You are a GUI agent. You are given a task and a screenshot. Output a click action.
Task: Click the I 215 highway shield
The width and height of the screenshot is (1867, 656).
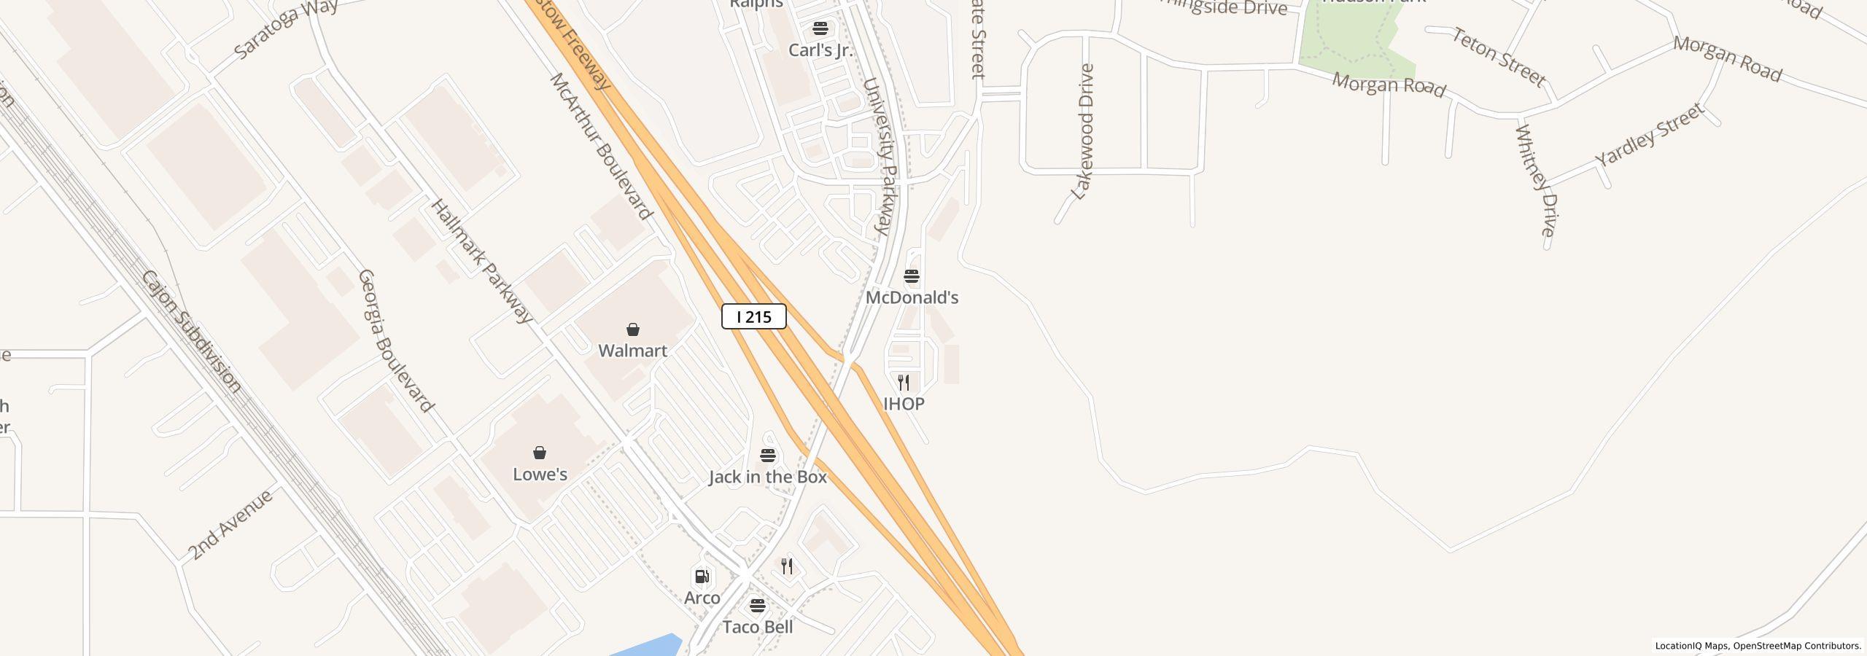coord(753,316)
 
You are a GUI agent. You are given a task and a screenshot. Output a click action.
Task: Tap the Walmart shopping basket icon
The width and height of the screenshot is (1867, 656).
coord(633,329)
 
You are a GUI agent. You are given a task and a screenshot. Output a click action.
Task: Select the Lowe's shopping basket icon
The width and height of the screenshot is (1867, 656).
coord(540,453)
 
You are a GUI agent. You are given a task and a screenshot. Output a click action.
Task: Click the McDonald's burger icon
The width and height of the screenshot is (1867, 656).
coord(912,276)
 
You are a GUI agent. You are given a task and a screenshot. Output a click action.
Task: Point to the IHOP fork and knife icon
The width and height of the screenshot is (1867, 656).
coord(904,382)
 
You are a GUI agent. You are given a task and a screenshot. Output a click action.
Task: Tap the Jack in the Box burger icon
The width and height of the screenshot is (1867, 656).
coord(767,456)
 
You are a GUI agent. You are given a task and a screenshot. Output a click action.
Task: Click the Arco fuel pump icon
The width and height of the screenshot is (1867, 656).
coord(702,577)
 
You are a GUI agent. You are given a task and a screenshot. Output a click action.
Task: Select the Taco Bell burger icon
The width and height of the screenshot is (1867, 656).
coord(758,606)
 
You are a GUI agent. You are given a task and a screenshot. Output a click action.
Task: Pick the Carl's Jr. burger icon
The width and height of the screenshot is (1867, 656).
coord(820,28)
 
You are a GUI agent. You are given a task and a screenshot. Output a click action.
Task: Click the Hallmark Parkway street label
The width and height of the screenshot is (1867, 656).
coord(482,261)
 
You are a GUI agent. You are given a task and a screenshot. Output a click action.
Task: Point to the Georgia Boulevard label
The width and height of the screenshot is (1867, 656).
coord(396,340)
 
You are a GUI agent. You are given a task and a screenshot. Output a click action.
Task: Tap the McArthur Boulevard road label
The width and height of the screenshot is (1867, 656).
coord(601,146)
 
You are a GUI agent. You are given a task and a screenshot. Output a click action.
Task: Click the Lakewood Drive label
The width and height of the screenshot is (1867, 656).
coord(1083,132)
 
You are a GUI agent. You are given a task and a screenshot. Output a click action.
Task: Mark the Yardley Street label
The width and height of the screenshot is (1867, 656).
coord(1649,135)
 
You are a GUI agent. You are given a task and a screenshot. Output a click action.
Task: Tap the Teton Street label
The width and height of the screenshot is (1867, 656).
coord(1499,57)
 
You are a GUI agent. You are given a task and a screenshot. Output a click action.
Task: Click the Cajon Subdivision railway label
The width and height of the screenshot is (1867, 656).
coord(191,332)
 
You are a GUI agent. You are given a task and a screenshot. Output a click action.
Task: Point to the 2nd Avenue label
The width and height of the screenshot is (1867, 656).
coord(230,524)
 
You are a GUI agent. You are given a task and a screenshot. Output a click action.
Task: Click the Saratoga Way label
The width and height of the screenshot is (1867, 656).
coord(286,29)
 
